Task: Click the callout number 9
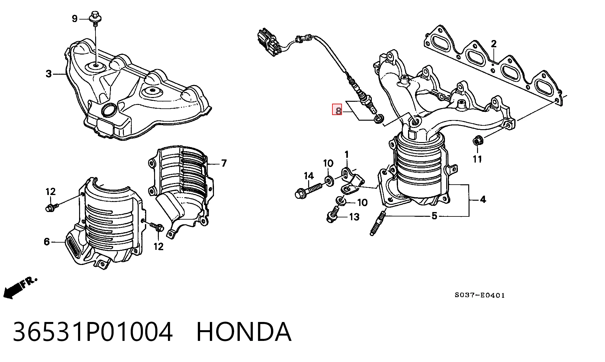[74, 19]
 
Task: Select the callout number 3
[49, 74]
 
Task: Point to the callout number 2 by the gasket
[493, 44]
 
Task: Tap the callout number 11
[477, 159]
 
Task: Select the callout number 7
[224, 163]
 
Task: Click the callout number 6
[47, 242]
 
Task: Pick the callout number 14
[309, 176]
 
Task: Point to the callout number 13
[354, 217]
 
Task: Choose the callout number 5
[434, 216]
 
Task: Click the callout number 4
[483, 199]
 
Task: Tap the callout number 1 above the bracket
[347, 154]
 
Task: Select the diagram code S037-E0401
[480, 295]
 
